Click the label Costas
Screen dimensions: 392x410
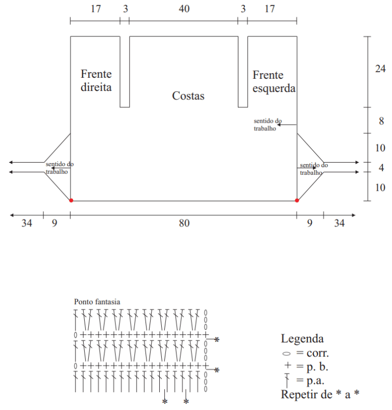tap(188, 96)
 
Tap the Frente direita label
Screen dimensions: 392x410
tap(96, 80)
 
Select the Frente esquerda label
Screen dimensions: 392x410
tap(274, 82)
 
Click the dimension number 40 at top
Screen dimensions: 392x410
tap(184, 9)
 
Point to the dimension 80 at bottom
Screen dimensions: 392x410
tap(184, 223)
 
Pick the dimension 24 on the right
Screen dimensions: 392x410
tap(380, 69)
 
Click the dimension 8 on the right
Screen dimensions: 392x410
tap(381, 121)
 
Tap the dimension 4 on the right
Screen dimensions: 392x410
tap(381, 168)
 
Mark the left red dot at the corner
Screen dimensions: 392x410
tap(71, 200)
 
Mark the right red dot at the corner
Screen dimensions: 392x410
tap(297, 200)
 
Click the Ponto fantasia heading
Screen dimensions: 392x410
tap(97, 302)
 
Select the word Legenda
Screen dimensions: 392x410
tap(302, 338)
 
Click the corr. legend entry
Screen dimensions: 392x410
tap(317, 353)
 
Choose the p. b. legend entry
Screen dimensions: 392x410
tap(317, 367)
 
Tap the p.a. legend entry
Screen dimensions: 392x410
tap(315, 380)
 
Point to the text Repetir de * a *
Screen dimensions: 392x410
tap(320, 394)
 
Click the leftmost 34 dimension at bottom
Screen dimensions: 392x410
tap(27, 223)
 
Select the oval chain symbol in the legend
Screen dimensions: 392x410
tap(286, 354)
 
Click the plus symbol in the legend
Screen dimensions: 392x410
tap(287, 365)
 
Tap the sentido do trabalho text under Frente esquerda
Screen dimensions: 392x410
tap(268, 125)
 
